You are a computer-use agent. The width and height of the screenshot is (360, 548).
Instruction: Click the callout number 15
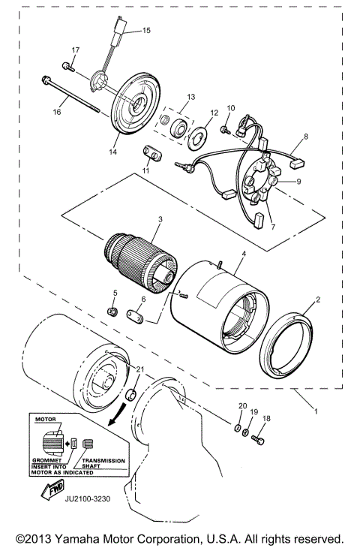[146, 31]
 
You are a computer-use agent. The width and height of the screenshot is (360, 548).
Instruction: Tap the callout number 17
[75, 50]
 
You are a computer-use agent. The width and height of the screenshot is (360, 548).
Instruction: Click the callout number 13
[190, 97]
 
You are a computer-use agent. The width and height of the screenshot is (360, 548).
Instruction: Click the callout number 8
[304, 137]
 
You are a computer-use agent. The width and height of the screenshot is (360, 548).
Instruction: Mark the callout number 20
[241, 406]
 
